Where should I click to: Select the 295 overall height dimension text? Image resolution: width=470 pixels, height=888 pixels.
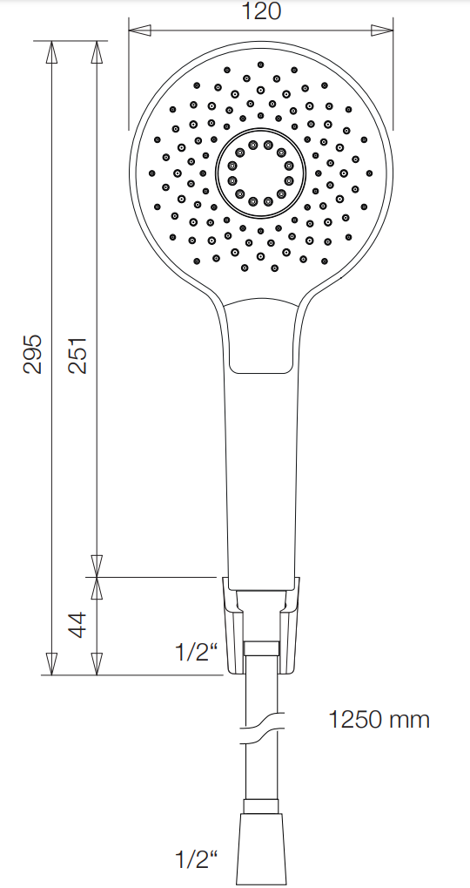tap(32, 353)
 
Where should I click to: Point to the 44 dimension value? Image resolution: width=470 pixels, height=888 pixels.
tap(78, 626)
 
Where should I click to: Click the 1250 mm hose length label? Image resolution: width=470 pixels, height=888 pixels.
tap(379, 720)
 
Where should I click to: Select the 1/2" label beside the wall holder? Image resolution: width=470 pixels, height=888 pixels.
tap(195, 652)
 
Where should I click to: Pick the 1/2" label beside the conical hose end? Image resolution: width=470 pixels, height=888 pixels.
tap(195, 860)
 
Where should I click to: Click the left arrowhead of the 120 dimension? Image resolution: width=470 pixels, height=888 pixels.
tap(139, 31)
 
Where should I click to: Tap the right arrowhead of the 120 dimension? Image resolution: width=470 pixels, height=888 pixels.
tap(381, 31)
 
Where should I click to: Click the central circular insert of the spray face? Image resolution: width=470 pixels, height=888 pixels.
tap(260, 173)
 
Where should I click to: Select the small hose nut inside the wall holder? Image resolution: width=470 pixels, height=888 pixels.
tap(261, 648)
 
